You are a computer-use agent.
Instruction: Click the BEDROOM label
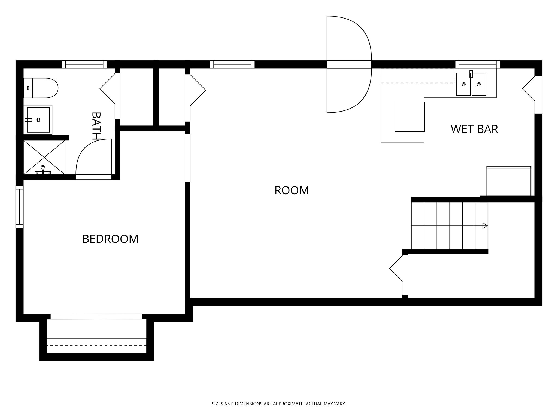pyautogui.click(x=110, y=239)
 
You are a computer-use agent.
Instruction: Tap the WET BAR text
pyautogui.click(x=474, y=129)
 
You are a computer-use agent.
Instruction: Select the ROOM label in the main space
pyautogui.click(x=292, y=190)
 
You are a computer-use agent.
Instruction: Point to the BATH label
pyautogui.click(x=96, y=125)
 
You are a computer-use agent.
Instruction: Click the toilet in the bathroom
pyautogui.click(x=41, y=88)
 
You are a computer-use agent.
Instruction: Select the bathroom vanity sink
pyautogui.click(x=38, y=120)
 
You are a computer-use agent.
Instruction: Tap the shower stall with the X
pyautogui.click(x=44, y=157)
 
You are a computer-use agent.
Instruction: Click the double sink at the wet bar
pyautogui.click(x=471, y=84)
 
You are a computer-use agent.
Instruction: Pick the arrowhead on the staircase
pyautogui.click(x=485, y=226)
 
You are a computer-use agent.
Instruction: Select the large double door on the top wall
pyautogui.click(x=349, y=64)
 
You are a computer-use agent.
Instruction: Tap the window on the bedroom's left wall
pyautogui.click(x=20, y=207)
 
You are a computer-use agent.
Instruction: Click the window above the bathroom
pyautogui.click(x=84, y=64)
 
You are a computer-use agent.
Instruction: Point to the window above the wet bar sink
pyautogui.click(x=477, y=64)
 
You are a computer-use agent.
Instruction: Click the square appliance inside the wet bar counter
pyautogui.click(x=410, y=117)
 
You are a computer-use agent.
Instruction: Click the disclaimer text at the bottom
pyautogui.click(x=279, y=404)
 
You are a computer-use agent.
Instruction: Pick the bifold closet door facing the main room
pyautogui.click(x=197, y=90)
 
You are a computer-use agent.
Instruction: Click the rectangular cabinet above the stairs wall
pyautogui.click(x=509, y=181)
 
